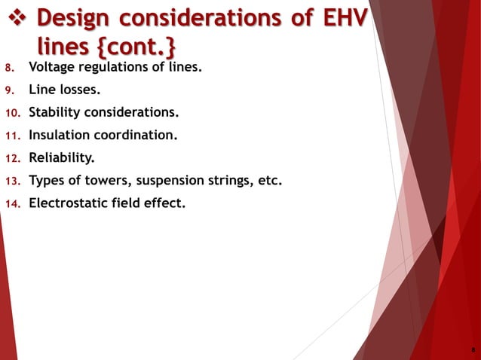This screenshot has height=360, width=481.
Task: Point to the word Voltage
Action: click(x=52, y=67)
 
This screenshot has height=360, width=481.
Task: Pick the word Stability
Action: click(x=54, y=112)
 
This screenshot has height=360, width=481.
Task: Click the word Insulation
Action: click(x=59, y=136)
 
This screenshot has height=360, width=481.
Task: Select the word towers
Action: click(x=113, y=180)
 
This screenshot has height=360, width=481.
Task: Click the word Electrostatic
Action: click(x=69, y=202)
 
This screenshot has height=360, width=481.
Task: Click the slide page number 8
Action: click(x=472, y=350)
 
